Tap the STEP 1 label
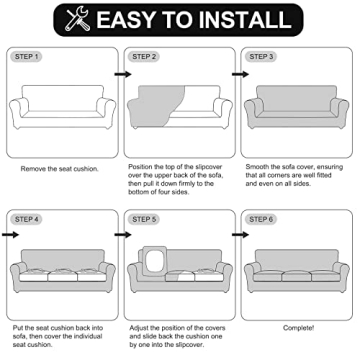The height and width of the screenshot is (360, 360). pos(29,58)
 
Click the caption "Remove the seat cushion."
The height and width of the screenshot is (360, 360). pos(61,170)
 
